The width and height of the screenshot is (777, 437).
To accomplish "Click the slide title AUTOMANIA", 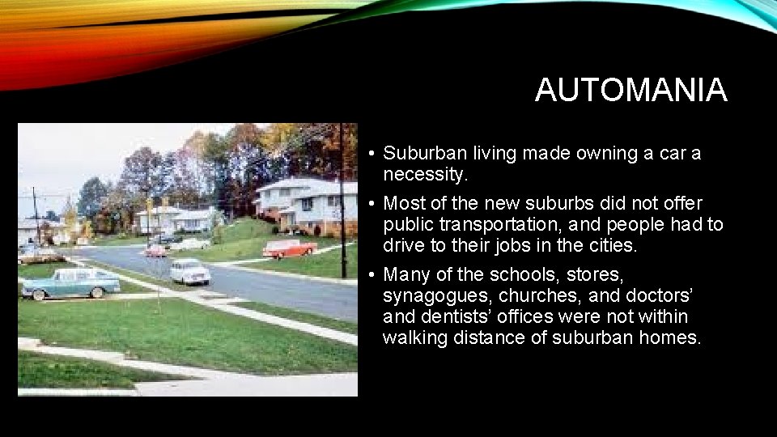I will [x=631, y=90].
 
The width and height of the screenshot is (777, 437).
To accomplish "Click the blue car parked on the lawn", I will [x=71, y=282].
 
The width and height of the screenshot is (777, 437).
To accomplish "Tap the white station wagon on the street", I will [x=189, y=271].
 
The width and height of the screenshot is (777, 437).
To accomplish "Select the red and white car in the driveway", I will [x=289, y=248].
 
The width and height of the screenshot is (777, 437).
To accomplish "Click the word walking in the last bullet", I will [x=413, y=337].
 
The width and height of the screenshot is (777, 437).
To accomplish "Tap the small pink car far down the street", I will [x=155, y=251].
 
